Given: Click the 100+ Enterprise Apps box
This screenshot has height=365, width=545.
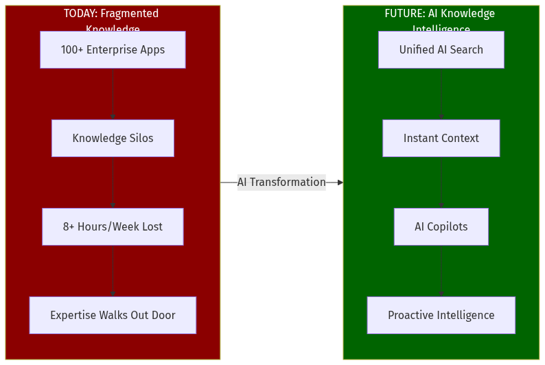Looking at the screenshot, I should pos(113,49).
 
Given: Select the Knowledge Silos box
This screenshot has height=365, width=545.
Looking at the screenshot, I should pos(113,138).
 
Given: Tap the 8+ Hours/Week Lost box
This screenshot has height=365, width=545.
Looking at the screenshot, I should pos(113,226).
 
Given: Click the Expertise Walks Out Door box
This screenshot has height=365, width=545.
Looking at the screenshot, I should pos(113,315).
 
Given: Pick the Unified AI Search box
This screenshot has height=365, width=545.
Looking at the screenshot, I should pos(441,49).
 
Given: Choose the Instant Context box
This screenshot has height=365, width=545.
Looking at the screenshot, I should pos(441,138).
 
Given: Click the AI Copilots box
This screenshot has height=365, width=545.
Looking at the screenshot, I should pos(441,226).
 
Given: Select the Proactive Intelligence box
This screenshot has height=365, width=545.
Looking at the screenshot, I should pos(441,315).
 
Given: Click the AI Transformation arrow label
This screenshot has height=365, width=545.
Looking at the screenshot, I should pos(281,182).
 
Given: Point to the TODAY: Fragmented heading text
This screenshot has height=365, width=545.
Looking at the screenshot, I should pos(111,14).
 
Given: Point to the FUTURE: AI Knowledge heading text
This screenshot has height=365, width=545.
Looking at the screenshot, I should pos(439,14).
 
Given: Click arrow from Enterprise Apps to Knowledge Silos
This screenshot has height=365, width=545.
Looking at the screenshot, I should pos(113,94).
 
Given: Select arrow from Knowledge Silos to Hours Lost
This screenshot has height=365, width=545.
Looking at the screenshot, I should pos(113,182).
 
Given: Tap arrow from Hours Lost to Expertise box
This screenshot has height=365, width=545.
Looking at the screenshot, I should pos(113,271).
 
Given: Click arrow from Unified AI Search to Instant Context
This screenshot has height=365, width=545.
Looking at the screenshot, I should pos(441,94).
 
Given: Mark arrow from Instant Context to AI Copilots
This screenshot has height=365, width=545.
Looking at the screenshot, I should pos(441,182).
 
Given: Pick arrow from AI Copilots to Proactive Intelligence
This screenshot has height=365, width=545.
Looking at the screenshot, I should pos(441,271).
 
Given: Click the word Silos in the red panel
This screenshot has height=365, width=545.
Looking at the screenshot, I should pos(140,138).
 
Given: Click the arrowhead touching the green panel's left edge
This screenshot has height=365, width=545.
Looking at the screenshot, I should pos(340,182).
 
